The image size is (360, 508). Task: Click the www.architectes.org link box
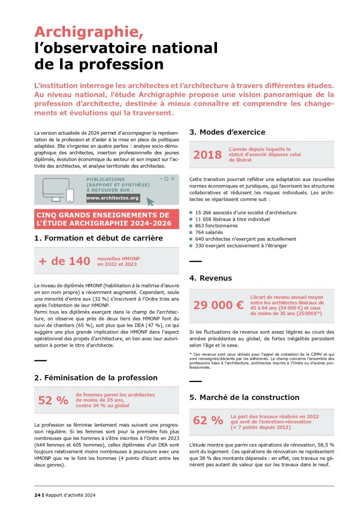coord(113,198)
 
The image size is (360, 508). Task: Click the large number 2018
coord(207,155)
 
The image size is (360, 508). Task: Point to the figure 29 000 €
coord(218,305)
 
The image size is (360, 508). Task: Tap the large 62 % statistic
coord(208,420)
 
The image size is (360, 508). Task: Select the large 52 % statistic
coord(53,400)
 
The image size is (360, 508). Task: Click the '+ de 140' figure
coord(64,261)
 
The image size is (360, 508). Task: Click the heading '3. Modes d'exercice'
coord(227,132)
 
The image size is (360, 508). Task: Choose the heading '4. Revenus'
coord(211,278)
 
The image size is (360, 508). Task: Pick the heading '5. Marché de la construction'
coord(244,397)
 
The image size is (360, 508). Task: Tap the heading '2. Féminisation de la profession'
coord(96,378)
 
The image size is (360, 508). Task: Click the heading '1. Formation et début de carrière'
coord(98,238)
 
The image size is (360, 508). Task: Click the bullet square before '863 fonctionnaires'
coord(191,226)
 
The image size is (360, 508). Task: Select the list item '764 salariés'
coord(209,232)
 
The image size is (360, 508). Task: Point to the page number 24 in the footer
coord(37,495)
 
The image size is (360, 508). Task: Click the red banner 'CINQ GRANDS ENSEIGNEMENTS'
coord(106,219)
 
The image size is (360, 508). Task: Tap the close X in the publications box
coord(172,179)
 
